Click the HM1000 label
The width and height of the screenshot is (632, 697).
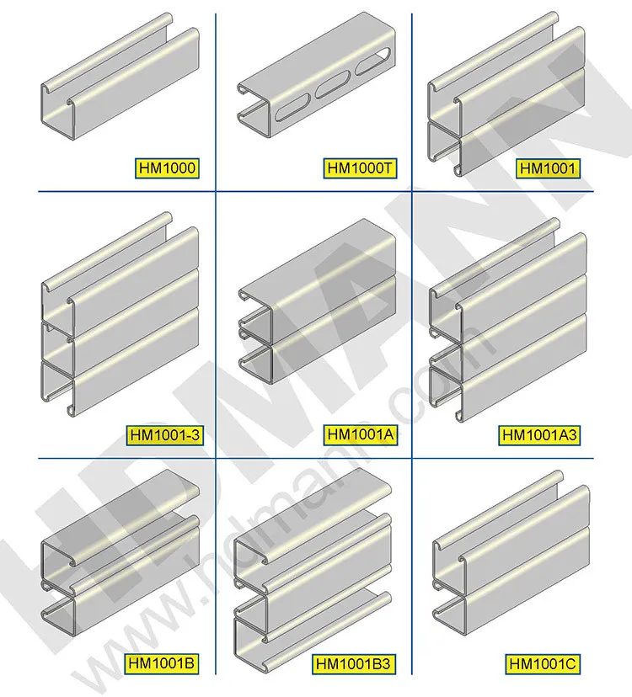pos(166,168)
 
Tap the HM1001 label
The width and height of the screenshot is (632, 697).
pos(548,168)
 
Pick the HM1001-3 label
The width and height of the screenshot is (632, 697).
pos(166,435)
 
